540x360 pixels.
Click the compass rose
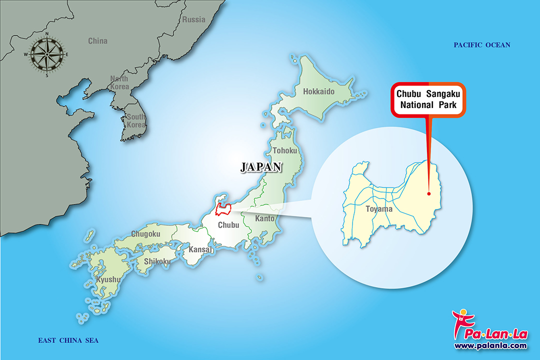pyautogui.click(x=47, y=54)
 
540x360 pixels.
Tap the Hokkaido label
pyautogui.click(x=318, y=91)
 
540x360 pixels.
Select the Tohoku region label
pyautogui.click(x=285, y=150)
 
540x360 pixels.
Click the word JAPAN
pyautogui.click(x=261, y=167)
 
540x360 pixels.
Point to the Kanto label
pyautogui.click(x=264, y=218)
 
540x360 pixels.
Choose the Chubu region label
pyautogui.click(x=228, y=225)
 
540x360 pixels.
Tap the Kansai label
pyautogui.click(x=201, y=249)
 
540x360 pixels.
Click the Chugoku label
pyautogui.click(x=145, y=233)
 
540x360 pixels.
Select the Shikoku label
pyautogui.click(x=157, y=261)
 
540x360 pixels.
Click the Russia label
pyautogui.click(x=193, y=19)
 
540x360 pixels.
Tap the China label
pyautogui.click(x=97, y=41)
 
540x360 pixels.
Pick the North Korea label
pyautogui.click(x=119, y=82)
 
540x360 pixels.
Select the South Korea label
pyautogui.click(x=135, y=120)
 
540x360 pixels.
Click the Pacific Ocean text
pyautogui.click(x=482, y=45)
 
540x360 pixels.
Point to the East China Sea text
pyautogui.click(x=68, y=340)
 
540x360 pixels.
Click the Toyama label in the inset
pyautogui.click(x=378, y=209)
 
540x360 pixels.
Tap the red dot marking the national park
pyautogui.click(x=428, y=193)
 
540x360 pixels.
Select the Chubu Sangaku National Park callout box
pyautogui.click(x=428, y=99)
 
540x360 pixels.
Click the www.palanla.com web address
pyautogui.click(x=490, y=345)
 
